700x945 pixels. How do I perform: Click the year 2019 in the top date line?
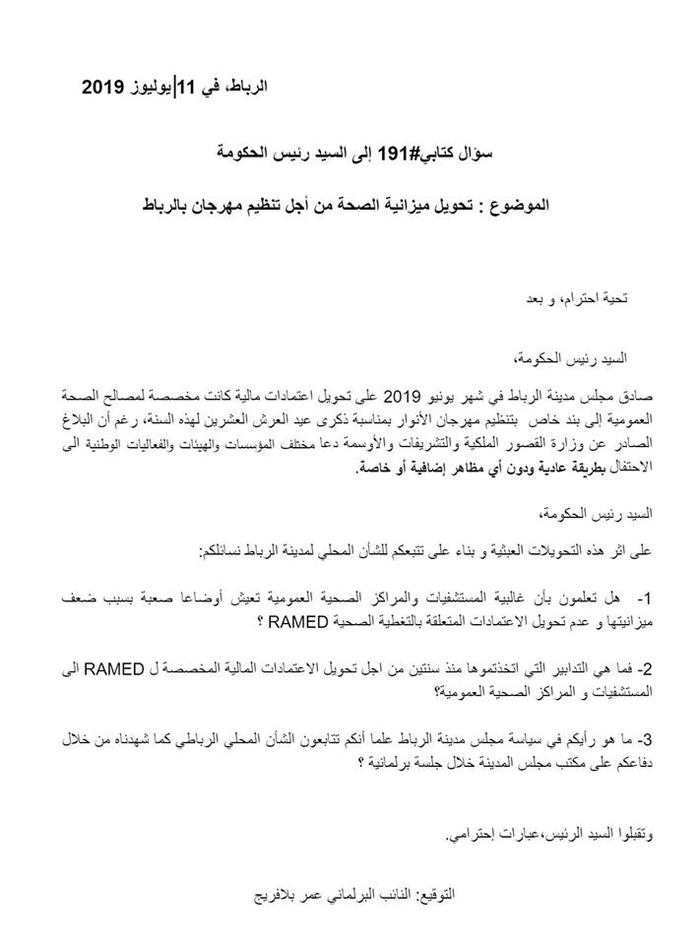point(101,89)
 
